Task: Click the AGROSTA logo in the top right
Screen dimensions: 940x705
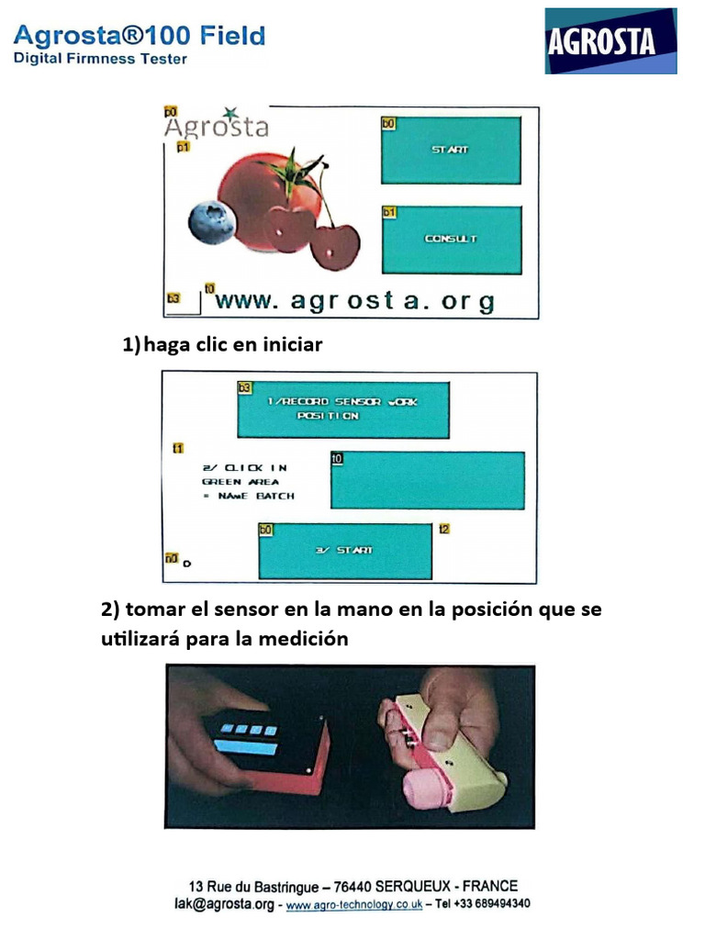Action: (610, 41)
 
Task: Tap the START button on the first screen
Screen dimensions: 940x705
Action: (451, 150)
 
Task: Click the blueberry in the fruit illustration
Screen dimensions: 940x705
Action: (212, 222)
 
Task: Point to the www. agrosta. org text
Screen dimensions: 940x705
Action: (354, 301)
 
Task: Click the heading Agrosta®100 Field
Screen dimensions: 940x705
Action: (140, 37)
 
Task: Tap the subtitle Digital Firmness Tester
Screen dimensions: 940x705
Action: (100, 59)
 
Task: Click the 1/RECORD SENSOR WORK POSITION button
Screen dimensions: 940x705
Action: (342, 408)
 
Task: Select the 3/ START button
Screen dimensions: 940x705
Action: (344, 550)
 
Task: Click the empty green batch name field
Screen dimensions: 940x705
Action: (428, 480)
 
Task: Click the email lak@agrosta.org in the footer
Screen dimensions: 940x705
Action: (224, 904)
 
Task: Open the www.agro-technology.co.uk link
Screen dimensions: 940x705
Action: (354, 904)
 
